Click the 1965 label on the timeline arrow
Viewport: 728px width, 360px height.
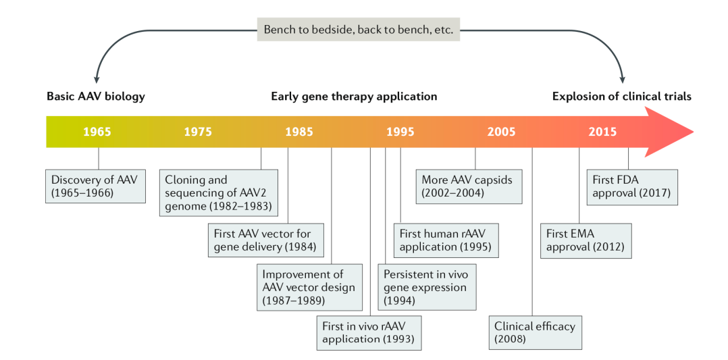(97, 132)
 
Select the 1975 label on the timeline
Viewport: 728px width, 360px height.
(199, 132)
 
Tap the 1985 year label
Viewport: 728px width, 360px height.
(299, 132)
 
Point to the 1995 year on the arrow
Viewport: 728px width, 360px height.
(400, 132)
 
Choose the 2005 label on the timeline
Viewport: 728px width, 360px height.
(501, 132)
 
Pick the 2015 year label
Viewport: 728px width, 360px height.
(602, 132)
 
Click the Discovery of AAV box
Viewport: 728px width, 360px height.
(95, 186)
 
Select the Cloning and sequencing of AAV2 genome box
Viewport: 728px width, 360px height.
(219, 192)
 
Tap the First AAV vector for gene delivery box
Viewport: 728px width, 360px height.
(266, 240)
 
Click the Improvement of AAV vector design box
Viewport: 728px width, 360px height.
(309, 287)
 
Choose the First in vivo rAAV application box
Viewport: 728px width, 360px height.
(369, 332)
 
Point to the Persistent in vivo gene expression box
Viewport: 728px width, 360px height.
(427, 287)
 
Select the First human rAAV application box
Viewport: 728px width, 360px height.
(446, 240)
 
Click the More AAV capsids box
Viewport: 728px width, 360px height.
(469, 186)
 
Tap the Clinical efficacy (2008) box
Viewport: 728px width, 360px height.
(536, 332)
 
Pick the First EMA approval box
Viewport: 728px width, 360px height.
(586, 240)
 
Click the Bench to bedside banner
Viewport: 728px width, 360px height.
(359, 29)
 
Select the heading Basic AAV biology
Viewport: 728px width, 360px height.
(96, 97)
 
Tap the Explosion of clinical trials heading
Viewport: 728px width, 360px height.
(622, 97)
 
